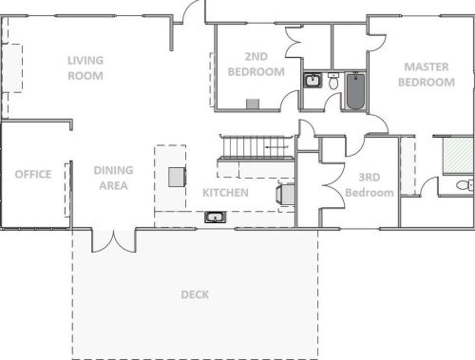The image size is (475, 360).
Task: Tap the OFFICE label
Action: [x=32, y=174]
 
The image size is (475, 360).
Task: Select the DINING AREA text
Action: [x=113, y=178]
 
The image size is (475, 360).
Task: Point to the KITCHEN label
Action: [x=225, y=193]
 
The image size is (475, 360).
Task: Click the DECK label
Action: [x=195, y=294]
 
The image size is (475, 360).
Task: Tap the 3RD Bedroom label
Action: [x=369, y=185]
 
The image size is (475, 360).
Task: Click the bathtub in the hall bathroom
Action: [x=356, y=91]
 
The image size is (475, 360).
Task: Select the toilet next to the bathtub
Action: [x=333, y=84]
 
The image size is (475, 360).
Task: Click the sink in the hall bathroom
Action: [x=313, y=81]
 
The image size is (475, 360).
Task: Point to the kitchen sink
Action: [x=215, y=218]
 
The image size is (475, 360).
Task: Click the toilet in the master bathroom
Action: [x=463, y=184]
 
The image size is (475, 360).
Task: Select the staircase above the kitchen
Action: [x=255, y=148]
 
